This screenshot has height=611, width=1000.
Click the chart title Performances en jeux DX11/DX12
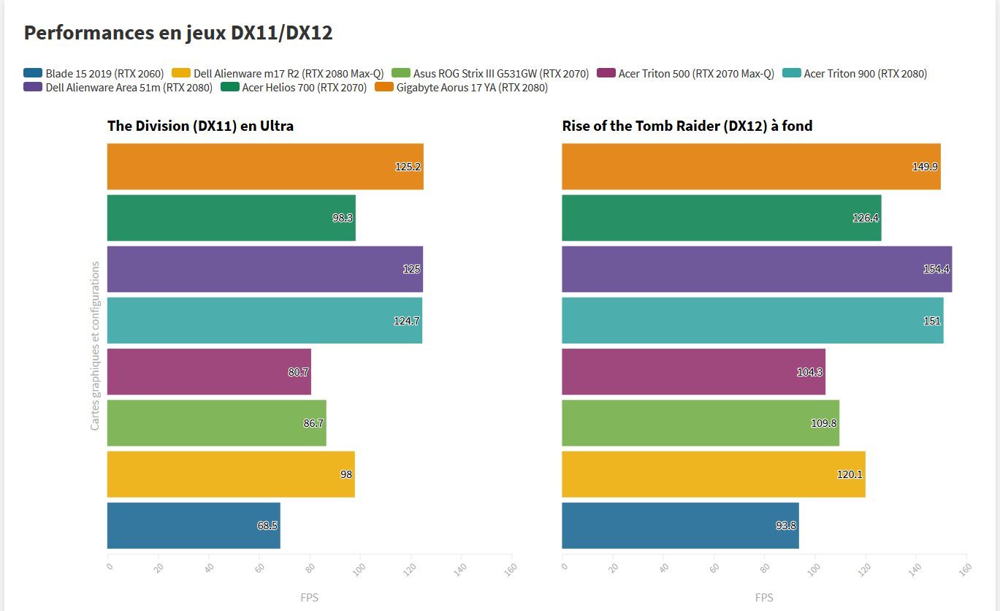coord(178,33)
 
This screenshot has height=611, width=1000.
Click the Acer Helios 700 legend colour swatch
coord(229,88)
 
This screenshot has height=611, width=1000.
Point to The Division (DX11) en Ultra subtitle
coord(200,126)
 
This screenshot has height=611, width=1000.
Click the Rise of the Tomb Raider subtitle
coord(687,126)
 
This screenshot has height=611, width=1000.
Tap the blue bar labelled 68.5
coord(193,525)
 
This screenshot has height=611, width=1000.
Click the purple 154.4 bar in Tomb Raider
coord(756,269)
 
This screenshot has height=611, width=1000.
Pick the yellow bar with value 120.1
coord(713,474)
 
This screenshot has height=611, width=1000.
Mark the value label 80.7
coord(298,372)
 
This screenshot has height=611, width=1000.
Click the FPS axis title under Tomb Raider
coord(764,597)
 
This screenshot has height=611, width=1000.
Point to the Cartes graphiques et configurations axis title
coord(95,346)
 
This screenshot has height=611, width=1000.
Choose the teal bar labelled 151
coord(752,320)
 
